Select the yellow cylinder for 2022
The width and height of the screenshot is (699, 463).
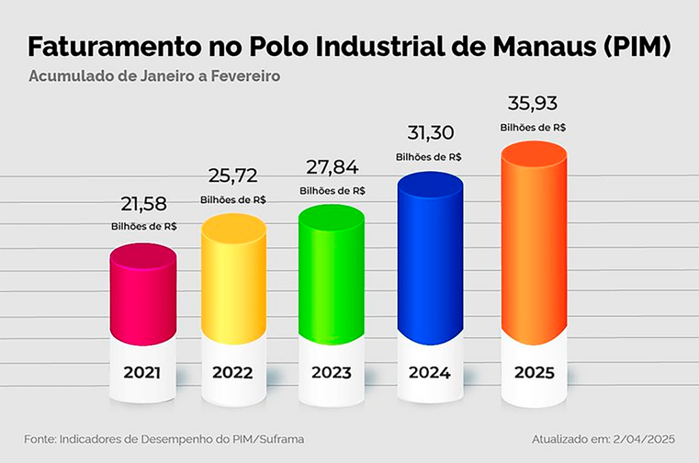pyautogui.click(x=233, y=280)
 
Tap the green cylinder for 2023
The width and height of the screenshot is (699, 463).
pyautogui.click(x=332, y=276)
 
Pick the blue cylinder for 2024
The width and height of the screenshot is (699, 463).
pyautogui.click(x=430, y=259)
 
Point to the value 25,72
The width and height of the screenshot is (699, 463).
pyautogui.click(x=233, y=176)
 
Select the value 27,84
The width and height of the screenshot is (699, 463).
pyautogui.click(x=332, y=168)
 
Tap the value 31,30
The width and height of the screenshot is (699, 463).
pyautogui.click(x=430, y=132)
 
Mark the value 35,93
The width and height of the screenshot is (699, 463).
pyautogui.click(x=533, y=104)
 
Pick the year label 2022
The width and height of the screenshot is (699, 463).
pyautogui.click(x=233, y=374)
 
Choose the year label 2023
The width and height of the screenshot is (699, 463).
pyautogui.click(x=332, y=374)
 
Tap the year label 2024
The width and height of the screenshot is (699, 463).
pyautogui.click(x=429, y=373)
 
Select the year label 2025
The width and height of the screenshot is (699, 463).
pyautogui.click(x=534, y=374)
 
